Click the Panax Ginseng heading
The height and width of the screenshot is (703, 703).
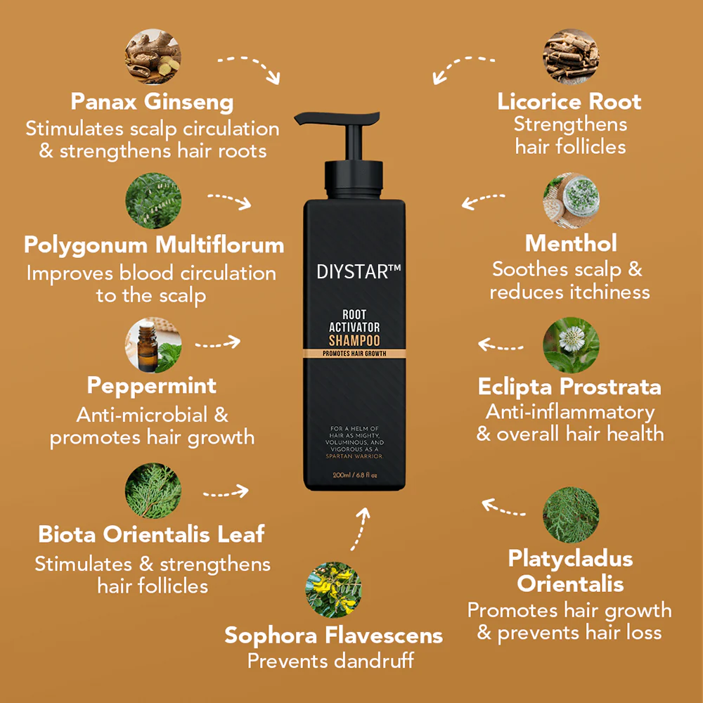152,102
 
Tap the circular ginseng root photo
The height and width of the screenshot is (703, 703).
153,56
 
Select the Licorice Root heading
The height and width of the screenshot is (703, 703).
569,101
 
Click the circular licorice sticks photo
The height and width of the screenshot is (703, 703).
571,56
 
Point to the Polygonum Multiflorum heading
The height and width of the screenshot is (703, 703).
154,245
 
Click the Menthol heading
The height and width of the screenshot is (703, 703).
571,243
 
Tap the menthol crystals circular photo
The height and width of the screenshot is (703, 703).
571,200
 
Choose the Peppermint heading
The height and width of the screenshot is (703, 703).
152,385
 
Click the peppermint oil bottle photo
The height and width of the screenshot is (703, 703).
153,345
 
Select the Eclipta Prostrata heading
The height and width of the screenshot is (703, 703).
569,387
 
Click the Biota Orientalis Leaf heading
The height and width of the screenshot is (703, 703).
151,534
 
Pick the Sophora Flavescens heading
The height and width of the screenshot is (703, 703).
334,636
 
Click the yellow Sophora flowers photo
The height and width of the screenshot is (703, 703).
334,588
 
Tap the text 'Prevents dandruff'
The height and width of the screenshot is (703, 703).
330,661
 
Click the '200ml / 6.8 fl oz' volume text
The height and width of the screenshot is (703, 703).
355,475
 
